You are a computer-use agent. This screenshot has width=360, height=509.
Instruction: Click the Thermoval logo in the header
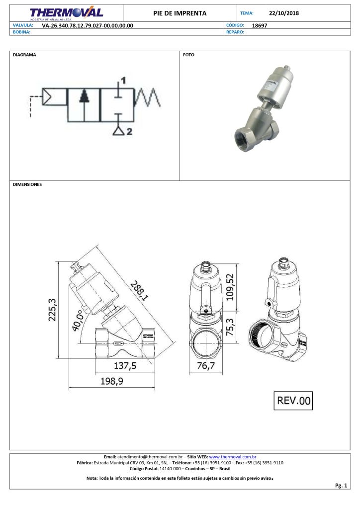point(66,13)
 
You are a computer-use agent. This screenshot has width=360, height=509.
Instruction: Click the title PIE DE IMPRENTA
point(180,13)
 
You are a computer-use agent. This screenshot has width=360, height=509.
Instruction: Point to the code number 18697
point(260,25)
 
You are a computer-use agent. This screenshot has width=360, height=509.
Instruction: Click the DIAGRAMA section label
point(24,55)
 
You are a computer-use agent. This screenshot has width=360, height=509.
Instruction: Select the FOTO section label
point(188,55)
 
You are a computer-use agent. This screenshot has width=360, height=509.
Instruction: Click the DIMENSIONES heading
point(27,184)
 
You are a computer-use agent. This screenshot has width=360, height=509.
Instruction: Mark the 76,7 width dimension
point(205,366)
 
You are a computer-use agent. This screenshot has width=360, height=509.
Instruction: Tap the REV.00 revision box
point(293,400)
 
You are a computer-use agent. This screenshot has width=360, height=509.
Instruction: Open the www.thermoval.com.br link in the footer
point(233,456)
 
